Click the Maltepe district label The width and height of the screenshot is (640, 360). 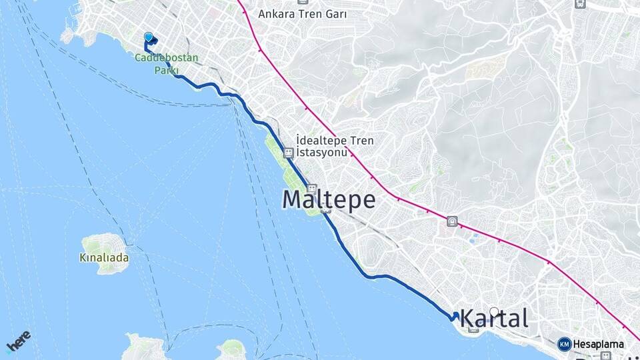pyautogui.click(x=329, y=200)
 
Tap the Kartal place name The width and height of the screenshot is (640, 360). pyautogui.click(x=494, y=318)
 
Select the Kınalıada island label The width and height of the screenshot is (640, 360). pyautogui.click(x=104, y=257)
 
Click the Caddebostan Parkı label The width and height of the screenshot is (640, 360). pyautogui.click(x=166, y=63)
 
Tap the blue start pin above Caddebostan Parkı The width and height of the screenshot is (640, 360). pyautogui.click(x=148, y=37)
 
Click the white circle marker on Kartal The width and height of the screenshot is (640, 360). pyautogui.click(x=494, y=311)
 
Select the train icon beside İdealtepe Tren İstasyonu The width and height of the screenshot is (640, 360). pyautogui.click(x=288, y=153)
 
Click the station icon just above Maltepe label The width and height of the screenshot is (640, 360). pyautogui.click(x=312, y=189)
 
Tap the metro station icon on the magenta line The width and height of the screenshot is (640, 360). pyautogui.click(x=453, y=221)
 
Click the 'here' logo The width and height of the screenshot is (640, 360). pyautogui.click(x=18, y=341)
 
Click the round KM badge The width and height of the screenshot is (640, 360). pyautogui.click(x=564, y=344)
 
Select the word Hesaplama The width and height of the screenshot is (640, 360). pyautogui.click(x=598, y=345)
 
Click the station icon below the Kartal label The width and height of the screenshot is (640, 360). pyautogui.click(x=473, y=329)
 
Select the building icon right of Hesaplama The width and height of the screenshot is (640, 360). pyautogui.click(x=605, y=356)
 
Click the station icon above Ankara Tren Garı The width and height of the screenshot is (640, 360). pyautogui.click(x=580, y=3)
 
